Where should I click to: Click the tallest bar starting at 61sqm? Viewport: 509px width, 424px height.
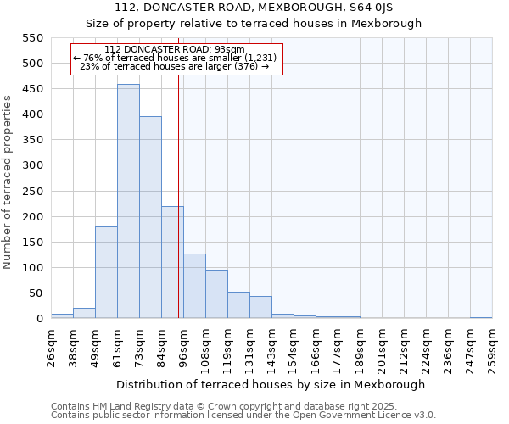[x=128, y=202]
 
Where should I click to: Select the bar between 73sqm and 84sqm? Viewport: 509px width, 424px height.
[x=150, y=218]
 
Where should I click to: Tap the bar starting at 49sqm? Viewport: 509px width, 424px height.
[x=106, y=273]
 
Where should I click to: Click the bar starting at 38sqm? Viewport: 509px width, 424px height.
[x=84, y=313]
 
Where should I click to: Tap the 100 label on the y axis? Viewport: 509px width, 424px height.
[x=32, y=268]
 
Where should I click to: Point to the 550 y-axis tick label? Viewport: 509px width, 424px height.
[x=32, y=38]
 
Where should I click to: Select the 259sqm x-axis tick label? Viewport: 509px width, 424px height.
[x=492, y=348]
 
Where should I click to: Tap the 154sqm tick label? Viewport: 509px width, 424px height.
[x=294, y=348]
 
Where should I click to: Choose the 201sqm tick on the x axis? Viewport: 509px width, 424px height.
[x=382, y=348]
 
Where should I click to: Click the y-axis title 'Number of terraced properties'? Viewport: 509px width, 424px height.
[x=8, y=181]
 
